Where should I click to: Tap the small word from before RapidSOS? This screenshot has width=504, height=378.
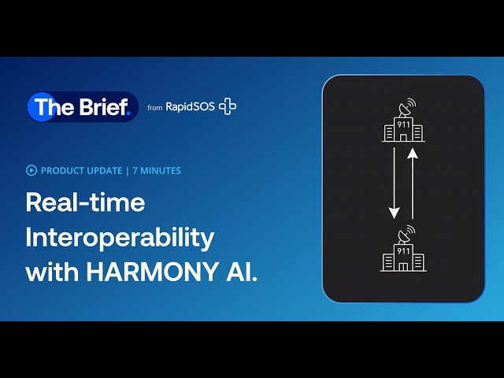pos(155,108)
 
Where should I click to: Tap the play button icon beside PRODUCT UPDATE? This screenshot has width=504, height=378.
pos(31,169)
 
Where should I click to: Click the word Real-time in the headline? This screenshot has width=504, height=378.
pos(85,202)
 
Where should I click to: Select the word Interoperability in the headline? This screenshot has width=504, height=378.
pos(120,237)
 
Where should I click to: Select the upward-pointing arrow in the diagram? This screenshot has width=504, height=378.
pos(412,185)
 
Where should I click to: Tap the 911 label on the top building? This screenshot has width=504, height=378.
pos(403,124)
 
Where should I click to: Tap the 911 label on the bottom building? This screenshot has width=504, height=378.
pos(403,250)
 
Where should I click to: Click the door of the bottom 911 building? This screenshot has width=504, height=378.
pos(403,265)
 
